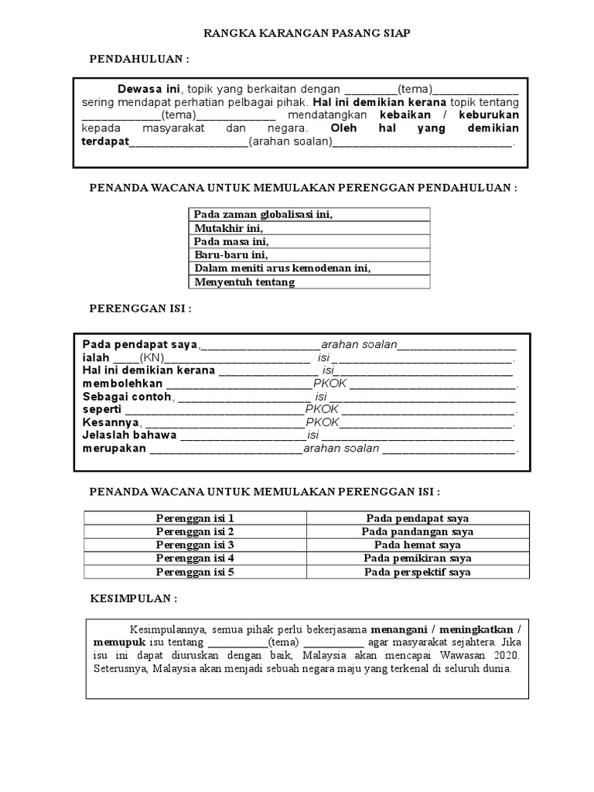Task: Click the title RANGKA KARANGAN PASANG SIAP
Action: point(306,33)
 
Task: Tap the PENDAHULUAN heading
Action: point(139,60)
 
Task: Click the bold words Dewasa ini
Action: point(147,87)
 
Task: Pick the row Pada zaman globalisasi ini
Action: point(263,214)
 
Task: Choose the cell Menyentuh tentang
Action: point(244,282)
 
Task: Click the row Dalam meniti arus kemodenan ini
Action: point(282,268)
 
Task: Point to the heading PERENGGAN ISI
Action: point(140,309)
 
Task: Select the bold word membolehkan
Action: point(122,384)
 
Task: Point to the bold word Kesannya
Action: point(111,423)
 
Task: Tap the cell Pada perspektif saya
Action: point(417,572)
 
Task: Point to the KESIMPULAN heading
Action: point(134,599)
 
